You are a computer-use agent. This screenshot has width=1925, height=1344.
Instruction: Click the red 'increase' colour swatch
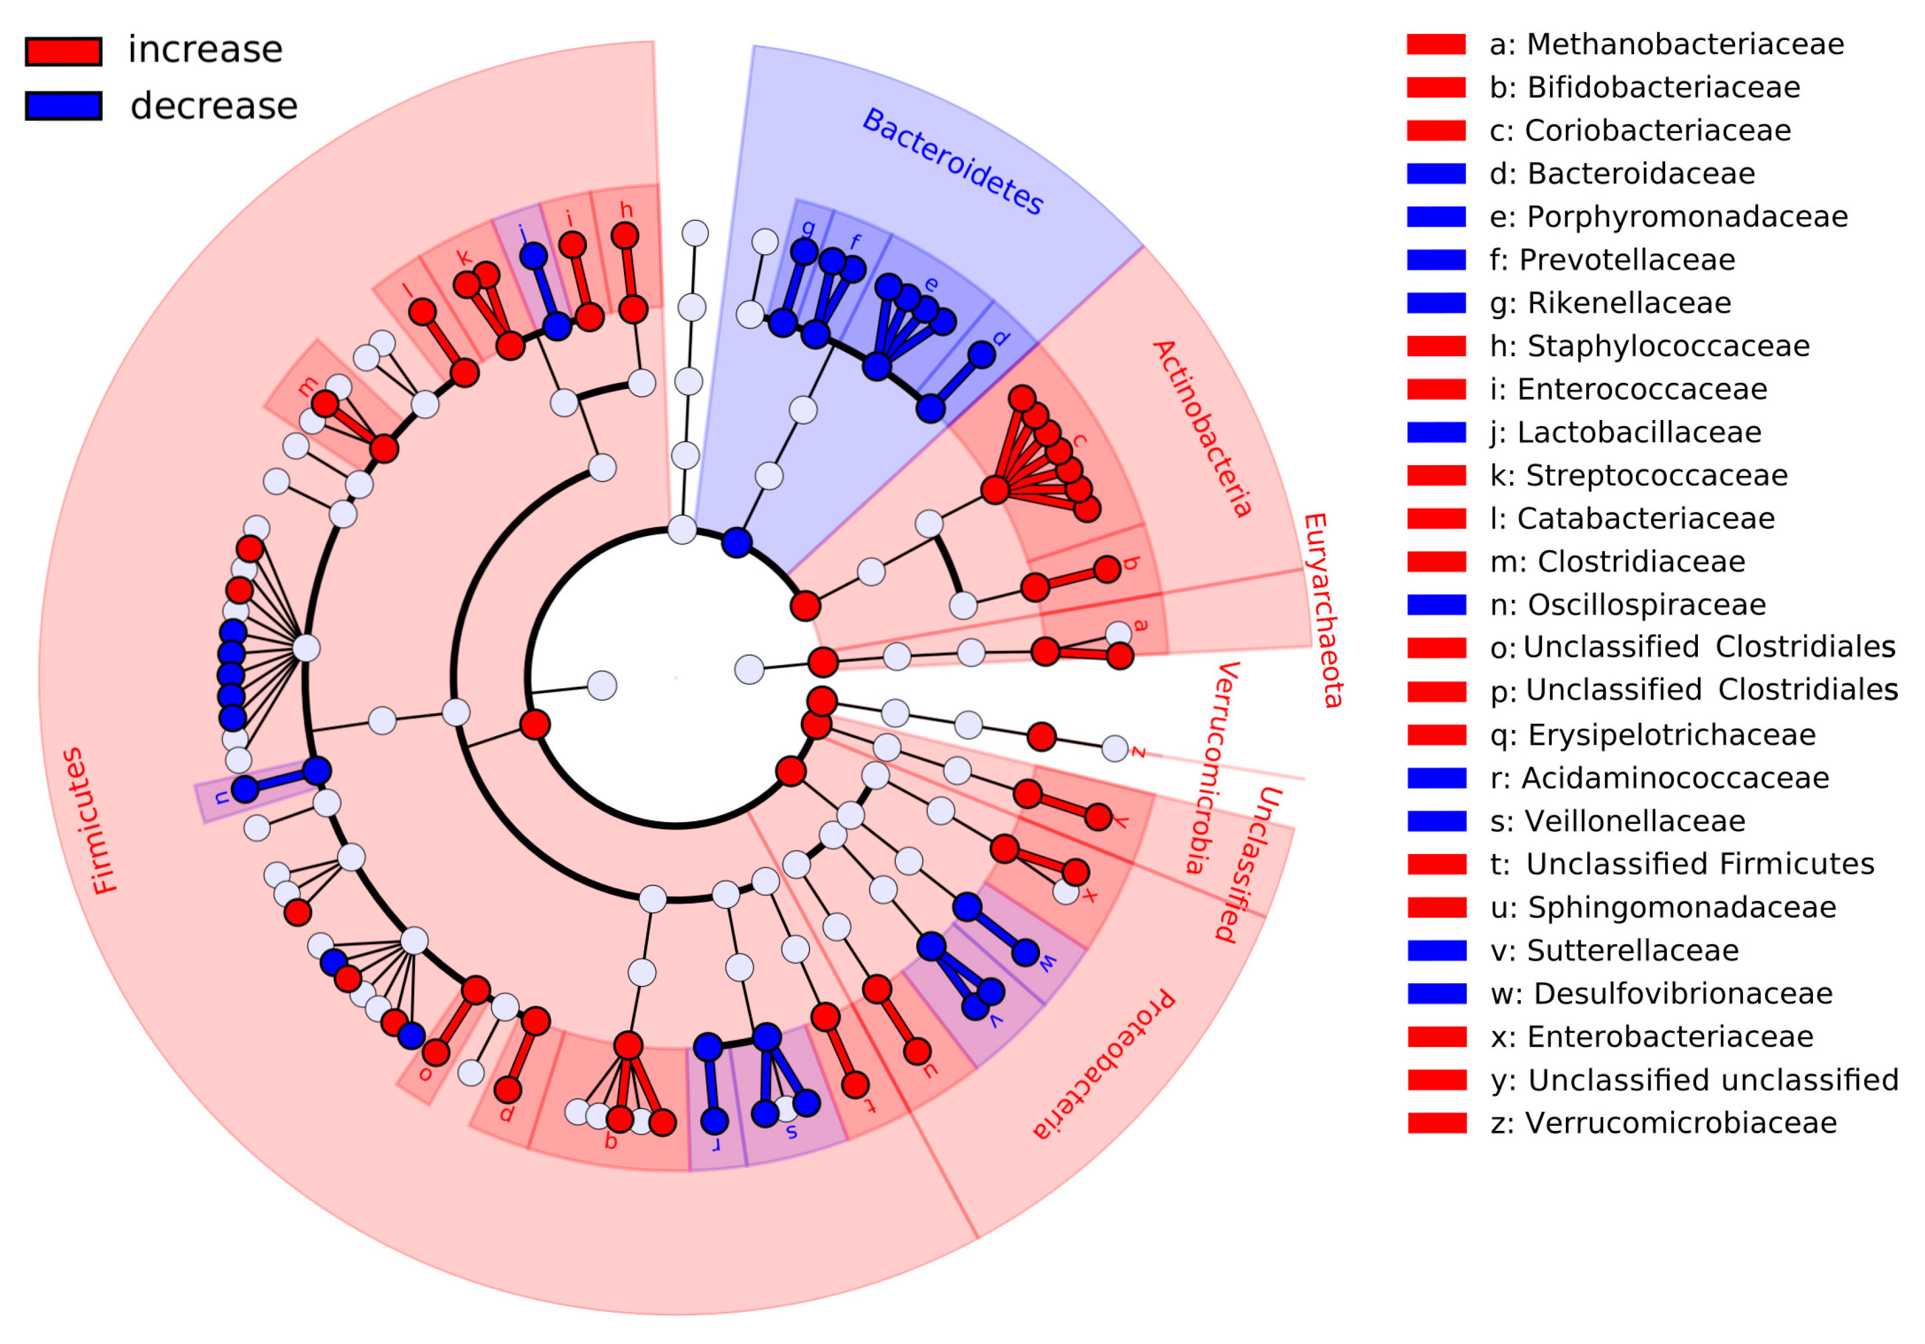[64, 51]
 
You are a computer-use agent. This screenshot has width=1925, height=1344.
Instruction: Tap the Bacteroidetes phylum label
[953, 162]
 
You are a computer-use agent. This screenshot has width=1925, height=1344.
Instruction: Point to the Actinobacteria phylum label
[1201, 428]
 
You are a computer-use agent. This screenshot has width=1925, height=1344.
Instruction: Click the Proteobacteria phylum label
[1103, 1065]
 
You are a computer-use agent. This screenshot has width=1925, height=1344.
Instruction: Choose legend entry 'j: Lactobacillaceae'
[1625, 432]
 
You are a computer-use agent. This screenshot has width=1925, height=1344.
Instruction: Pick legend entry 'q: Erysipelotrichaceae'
[1652, 735]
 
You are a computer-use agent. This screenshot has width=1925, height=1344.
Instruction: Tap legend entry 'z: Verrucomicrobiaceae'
[1662, 1122]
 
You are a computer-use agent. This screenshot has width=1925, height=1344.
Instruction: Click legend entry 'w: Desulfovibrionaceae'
[1660, 993]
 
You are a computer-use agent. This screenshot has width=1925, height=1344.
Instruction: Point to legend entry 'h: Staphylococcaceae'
[1649, 346]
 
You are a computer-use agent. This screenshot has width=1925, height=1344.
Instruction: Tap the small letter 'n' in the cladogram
[220, 797]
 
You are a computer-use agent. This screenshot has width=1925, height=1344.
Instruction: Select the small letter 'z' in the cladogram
[1138, 752]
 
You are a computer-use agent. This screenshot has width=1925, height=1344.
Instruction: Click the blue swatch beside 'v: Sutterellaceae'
[1437, 950]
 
